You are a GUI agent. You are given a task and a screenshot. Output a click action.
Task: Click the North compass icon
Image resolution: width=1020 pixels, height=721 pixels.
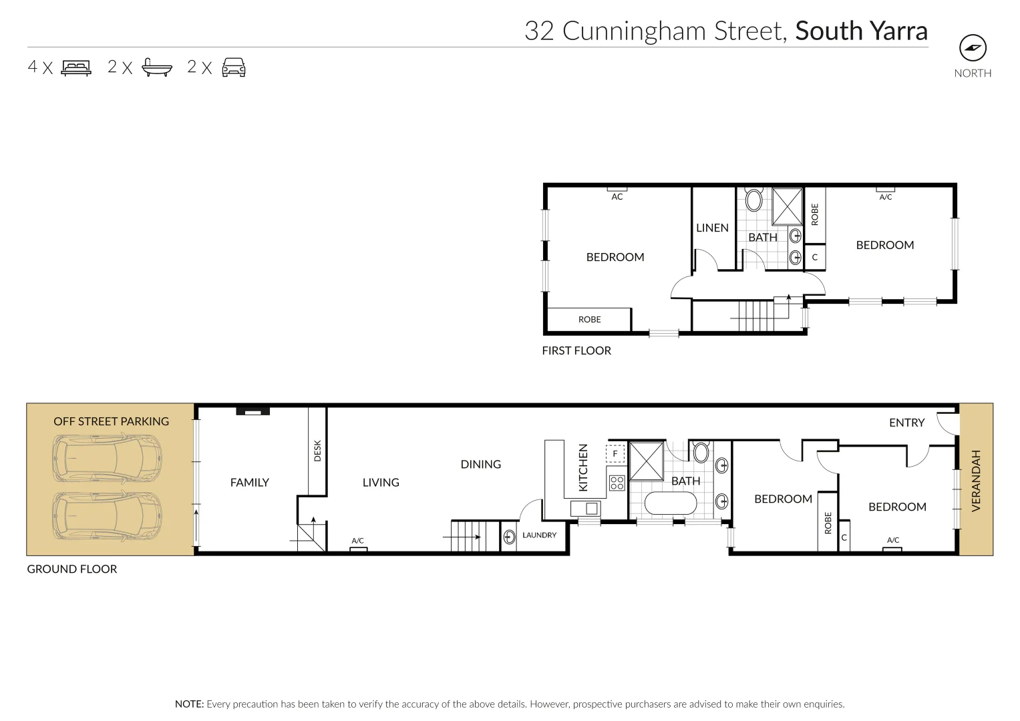point(973,48)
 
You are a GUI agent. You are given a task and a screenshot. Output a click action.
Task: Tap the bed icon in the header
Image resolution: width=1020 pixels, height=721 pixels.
point(76,67)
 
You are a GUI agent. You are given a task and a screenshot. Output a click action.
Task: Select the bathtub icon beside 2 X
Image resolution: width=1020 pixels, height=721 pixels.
point(157,67)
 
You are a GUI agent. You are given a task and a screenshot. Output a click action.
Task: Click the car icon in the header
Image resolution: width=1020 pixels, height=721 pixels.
point(234,67)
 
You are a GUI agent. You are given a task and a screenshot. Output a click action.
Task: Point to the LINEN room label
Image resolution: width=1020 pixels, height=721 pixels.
point(712,228)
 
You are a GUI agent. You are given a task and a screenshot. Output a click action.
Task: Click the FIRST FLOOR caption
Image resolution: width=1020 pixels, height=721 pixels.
point(576,350)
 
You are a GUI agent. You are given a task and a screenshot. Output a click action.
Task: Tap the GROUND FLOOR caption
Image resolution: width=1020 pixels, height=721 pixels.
point(71,569)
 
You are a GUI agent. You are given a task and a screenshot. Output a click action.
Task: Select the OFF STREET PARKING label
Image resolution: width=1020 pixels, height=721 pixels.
point(111,421)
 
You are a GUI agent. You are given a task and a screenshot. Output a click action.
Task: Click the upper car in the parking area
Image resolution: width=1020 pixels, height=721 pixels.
point(108,459)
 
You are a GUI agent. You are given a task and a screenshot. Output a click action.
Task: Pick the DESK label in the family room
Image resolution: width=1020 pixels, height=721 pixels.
point(317,450)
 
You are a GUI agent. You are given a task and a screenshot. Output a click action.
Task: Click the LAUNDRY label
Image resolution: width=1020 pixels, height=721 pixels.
point(539,535)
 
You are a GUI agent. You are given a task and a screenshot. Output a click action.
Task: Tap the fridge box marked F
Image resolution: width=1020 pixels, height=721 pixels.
point(615,454)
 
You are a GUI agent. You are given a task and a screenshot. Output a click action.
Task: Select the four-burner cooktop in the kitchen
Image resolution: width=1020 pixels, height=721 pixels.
point(617,482)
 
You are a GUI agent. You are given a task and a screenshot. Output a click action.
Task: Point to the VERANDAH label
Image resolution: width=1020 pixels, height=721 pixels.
point(975,481)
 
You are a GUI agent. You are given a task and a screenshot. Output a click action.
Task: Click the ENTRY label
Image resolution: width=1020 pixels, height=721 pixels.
point(906,423)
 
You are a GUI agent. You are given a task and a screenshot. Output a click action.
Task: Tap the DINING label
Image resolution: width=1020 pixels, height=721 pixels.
point(480,464)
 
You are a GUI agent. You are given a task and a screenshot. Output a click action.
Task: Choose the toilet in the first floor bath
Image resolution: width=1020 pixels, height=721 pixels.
point(754,200)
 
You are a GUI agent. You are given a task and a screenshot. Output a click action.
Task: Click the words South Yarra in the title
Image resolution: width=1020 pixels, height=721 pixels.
point(861,31)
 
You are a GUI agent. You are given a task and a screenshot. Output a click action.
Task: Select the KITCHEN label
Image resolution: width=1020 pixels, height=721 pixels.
point(583,467)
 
